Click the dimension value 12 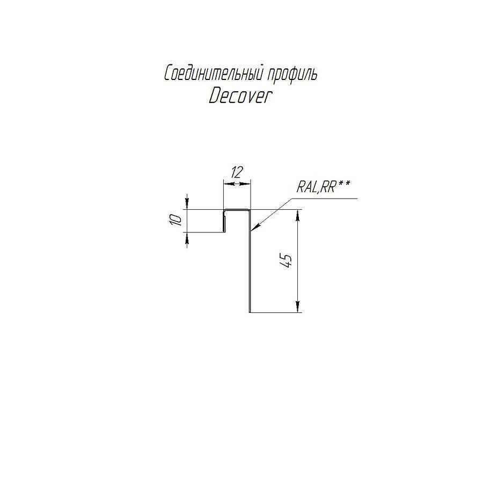(237, 172)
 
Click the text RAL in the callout (308, 187)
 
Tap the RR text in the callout (328, 187)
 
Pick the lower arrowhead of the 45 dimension (296, 308)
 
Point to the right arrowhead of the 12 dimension (247, 184)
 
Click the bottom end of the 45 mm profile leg (250, 310)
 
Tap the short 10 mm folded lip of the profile (225, 222)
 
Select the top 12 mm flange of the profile (237, 210)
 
